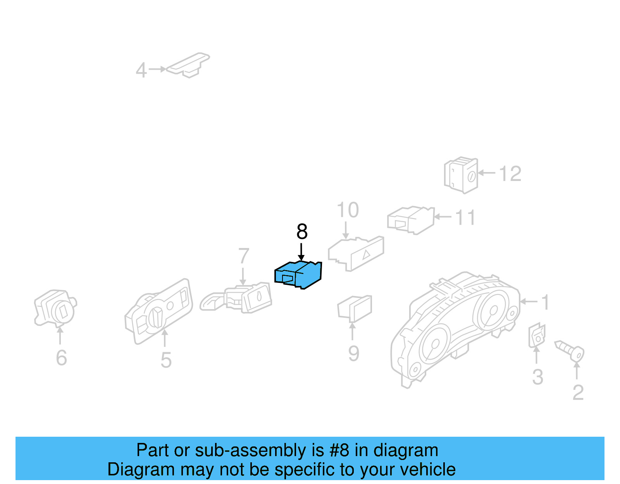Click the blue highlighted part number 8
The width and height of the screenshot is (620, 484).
298,275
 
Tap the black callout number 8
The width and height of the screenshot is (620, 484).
302,232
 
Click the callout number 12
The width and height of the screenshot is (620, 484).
510,174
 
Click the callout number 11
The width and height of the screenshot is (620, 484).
465,218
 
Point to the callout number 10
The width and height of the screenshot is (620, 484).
348,210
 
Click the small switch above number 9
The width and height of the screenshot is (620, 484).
355,308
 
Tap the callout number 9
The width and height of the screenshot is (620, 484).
353,353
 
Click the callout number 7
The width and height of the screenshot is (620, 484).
243,256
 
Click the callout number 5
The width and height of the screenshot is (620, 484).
166,360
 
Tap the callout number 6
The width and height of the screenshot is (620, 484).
61,358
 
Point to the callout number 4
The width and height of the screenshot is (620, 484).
141,71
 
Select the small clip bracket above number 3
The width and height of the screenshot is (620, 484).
537,336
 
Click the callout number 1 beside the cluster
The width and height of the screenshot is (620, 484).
545,302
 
